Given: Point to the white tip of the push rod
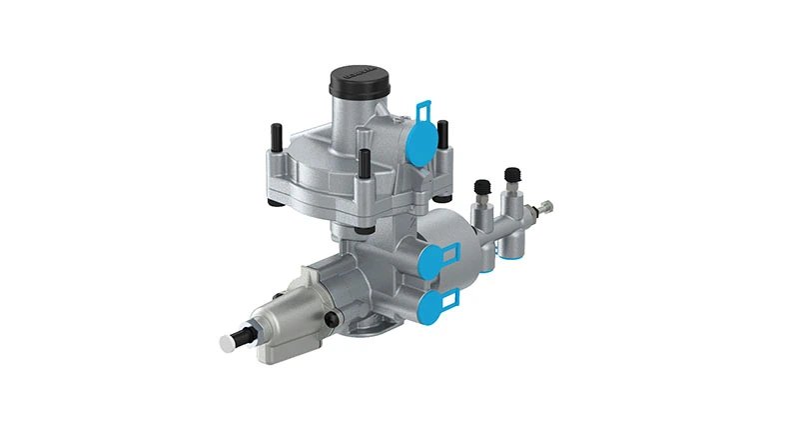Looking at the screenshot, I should (x=226, y=342).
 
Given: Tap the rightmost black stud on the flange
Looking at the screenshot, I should (x=442, y=136).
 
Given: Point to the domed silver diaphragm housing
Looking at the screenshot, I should (x=320, y=165).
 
